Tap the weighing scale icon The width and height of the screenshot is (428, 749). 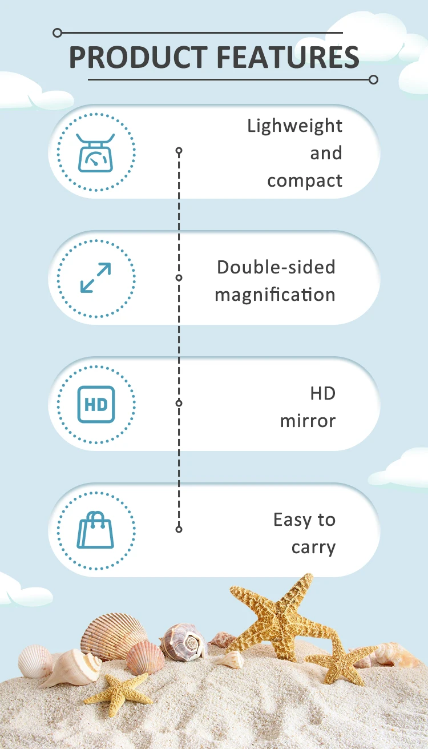tap(96, 152)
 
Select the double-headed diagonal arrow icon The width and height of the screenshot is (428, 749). tap(96, 278)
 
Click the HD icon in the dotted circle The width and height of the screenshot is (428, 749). tap(96, 404)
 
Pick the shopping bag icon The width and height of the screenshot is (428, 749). tap(96, 530)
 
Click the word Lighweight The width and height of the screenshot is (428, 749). tap(294, 126)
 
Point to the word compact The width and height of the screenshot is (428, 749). tap(305, 181)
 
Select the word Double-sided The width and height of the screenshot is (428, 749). tap(276, 267)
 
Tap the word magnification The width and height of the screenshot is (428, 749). tap(274, 295)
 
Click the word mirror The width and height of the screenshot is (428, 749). tap(308, 421)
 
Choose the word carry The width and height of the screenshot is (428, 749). tap(313, 547)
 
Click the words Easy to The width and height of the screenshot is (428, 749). tap(304, 520)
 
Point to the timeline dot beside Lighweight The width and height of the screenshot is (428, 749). tap(179, 151)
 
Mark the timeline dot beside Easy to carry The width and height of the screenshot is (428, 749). tap(179, 529)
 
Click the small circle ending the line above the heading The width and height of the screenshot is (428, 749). tap(57, 33)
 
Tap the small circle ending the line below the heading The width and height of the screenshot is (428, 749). tap(374, 79)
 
